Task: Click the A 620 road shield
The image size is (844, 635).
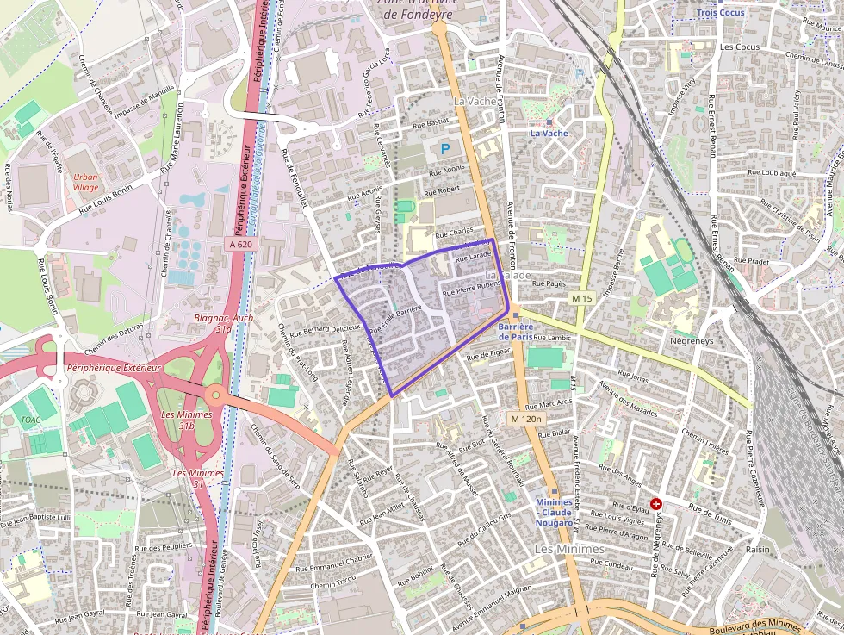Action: click(240, 245)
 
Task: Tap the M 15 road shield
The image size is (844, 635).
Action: click(582, 298)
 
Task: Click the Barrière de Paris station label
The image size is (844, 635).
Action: click(516, 332)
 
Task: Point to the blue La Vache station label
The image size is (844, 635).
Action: click(549, 133)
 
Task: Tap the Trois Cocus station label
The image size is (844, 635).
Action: click(722, 13)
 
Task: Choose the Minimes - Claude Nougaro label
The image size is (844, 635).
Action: click(554, 513)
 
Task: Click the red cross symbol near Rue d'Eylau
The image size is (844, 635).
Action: click(656, 503)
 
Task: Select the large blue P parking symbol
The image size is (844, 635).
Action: click(445, 149)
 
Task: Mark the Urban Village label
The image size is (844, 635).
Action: click(85, 182)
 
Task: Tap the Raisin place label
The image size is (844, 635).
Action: click(758, 549)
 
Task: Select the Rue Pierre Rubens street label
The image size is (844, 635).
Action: click(470, 289)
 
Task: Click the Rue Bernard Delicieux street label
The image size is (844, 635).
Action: click(324, 328)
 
